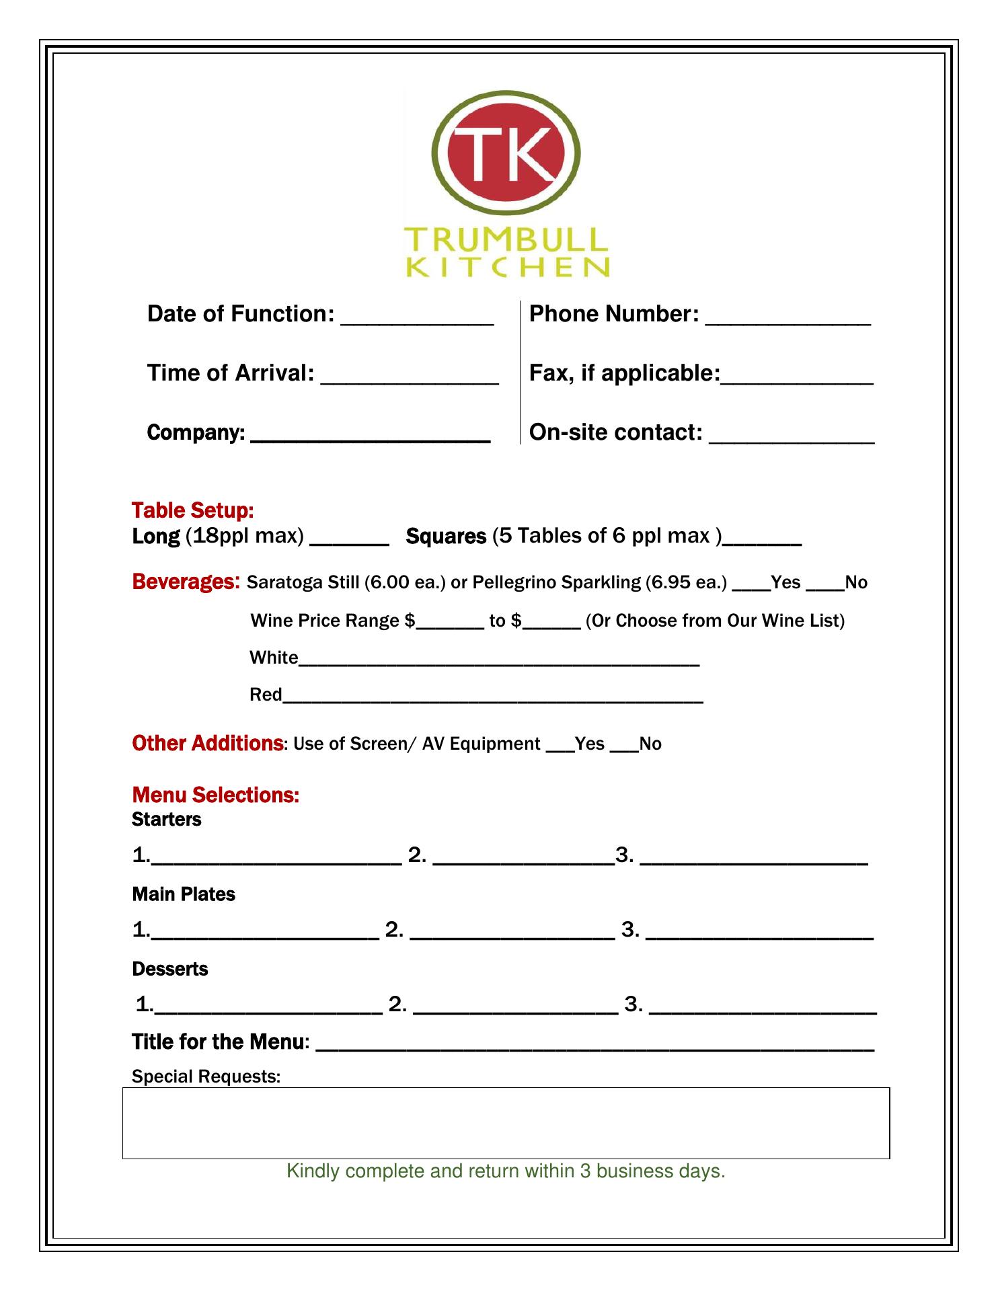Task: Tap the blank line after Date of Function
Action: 417,321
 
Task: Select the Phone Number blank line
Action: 788,321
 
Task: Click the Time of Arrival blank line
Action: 410,381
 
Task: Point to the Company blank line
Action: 370,439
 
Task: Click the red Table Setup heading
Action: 192,510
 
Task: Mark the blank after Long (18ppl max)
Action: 349,542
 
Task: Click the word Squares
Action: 446,537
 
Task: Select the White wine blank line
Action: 498,663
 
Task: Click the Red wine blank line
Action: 493,700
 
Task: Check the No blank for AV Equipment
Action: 623,749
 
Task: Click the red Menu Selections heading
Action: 216,795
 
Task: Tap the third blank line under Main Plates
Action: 759,935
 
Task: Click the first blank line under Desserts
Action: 268,1010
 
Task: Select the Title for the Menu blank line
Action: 594,1048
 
